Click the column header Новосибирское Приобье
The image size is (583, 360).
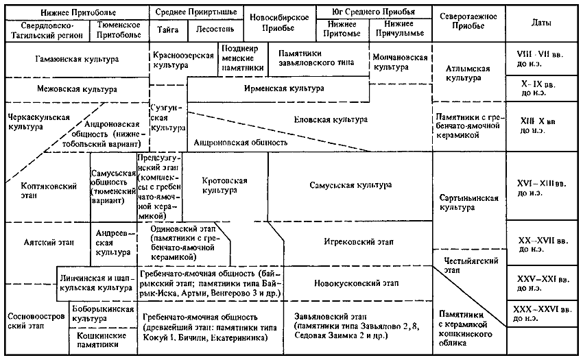(x=279, y=23)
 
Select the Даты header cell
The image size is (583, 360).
(x=541, y=23)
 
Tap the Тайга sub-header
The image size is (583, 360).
(x=167, y=29)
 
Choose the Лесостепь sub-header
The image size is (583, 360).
(x=215, y=29)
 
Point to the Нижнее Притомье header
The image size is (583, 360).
(x=342, y=29)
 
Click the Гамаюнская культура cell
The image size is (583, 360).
(x=77, y=59)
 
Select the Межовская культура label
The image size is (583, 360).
(x=77, y=89)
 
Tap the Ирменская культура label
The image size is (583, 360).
(x=284, y=88)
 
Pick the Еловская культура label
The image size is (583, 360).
(x=331, y=119)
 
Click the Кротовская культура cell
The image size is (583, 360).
(x=224, y=185)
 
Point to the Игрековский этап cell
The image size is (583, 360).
(x=359, y=242)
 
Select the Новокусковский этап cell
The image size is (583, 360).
(x=356, y=283)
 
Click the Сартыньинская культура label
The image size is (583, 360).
(x=469, y=203)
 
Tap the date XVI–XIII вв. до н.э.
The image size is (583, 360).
(x=542, y=188)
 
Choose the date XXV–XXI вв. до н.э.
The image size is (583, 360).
(x=543, y=283)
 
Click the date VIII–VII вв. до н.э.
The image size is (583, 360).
(x=540, y=59)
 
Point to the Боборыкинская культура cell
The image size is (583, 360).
(x=103, y=314)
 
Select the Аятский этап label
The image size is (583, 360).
(x=49, y=243)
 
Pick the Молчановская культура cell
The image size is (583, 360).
(x=400, y=62)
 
